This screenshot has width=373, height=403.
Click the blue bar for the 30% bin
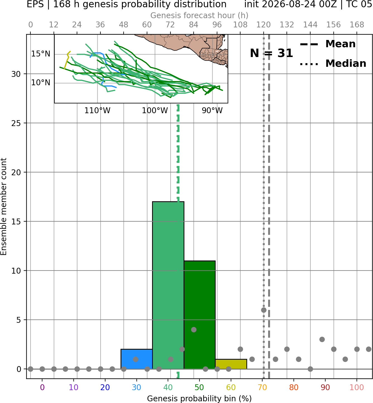(136, 359)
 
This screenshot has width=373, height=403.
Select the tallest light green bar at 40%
(168, 285)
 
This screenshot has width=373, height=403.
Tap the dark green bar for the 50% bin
(199, 315)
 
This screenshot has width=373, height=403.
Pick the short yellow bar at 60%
(231, 364)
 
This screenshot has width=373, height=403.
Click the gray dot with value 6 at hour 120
(264, 310)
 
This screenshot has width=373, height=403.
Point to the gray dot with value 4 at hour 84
(194, 329)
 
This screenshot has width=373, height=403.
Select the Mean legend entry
(328, 44)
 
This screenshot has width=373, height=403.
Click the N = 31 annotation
(271, 53)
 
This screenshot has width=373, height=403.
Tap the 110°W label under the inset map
(97, 111)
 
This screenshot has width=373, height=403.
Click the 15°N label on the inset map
(40, 54)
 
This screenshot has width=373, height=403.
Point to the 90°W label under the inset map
(212, 111)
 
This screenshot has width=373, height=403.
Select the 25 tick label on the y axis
(16, 123)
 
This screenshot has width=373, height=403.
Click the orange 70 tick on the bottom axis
(262, 387)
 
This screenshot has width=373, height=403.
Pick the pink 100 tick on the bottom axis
(357, 387)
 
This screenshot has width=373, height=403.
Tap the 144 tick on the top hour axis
(310, 25)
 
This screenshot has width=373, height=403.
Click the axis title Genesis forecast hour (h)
(199, 15)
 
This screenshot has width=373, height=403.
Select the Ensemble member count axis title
(4, 207)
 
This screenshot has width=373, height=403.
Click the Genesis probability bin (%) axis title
(199, 399)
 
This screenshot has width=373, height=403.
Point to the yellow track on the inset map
(67, 60)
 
